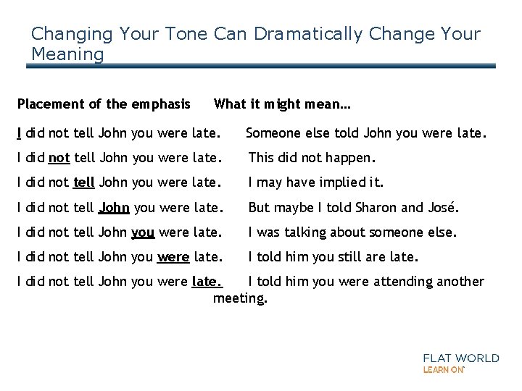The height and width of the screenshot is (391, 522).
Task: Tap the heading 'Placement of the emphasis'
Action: coord(104,104)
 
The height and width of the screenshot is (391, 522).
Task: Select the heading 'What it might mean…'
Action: coord(282,104)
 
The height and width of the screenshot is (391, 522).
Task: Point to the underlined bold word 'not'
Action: coord(59,157)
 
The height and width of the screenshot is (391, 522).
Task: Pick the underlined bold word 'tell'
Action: coord(84,182)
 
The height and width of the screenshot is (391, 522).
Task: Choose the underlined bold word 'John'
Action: coord(114,208)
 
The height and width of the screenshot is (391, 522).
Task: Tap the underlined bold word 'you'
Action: coord(143,233)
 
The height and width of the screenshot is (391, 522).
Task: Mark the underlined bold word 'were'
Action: coord(173,258)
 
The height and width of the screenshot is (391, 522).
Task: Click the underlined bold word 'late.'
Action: coord(206,282)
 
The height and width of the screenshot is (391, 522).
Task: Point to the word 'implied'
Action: coord(339,182)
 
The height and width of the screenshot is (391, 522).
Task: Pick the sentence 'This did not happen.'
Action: coord(312,157)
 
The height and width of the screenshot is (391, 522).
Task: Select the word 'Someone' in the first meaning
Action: coord(273,133)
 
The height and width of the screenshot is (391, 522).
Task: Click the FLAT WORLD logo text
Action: coord(461,358)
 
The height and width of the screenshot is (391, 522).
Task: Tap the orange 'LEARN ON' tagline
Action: coord(443,369)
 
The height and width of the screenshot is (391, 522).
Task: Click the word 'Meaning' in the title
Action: coord(68,54)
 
